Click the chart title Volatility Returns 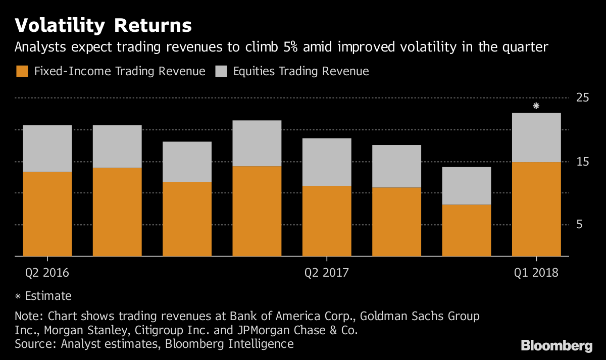coord(103,25)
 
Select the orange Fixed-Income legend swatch coord(22,71)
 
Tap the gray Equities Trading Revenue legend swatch coord(221,71)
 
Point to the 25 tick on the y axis coord(583,98)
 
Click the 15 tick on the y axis coord(583,162)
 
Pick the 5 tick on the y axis coord(586,225)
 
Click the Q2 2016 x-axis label coord(47,273)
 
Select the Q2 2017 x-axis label coord(326,273)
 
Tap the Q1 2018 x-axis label coord(536,273)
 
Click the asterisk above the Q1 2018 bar coord(536,106)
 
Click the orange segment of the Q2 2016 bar coord(47,214)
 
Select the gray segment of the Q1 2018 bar coord(536,137)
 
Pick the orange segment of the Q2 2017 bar coord(327,221)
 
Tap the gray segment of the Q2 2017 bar coord(327,162)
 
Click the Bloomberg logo coord(557,346)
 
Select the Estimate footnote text coord(48,296)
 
